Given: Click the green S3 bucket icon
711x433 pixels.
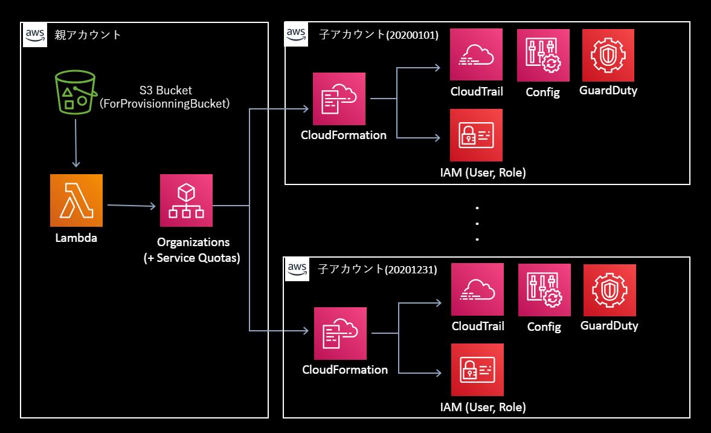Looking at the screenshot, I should [75, 91].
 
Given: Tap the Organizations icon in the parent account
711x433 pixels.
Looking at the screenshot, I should [186, 200].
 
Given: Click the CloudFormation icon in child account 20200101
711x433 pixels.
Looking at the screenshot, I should [339, 99].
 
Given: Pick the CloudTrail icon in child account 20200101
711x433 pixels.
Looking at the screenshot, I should [476, 54].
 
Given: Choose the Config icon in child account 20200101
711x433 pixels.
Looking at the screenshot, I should [543, 55].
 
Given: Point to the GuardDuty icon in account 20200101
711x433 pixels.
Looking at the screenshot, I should [608, 55].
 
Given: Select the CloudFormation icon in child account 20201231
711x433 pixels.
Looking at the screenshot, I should [340, 333].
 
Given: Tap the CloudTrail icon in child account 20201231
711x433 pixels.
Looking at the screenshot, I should [477, 290].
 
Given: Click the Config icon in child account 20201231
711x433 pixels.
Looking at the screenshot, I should [544, 290].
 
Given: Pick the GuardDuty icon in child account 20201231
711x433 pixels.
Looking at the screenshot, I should [609, 290].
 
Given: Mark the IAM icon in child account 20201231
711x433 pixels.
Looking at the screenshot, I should [478, 370].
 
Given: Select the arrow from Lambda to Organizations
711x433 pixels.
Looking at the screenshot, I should [131, 207].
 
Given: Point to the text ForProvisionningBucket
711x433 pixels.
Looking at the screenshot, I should [165, 103].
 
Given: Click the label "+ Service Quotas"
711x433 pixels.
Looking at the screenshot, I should [193, 258].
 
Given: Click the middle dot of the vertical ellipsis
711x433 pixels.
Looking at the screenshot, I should [477, 224].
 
